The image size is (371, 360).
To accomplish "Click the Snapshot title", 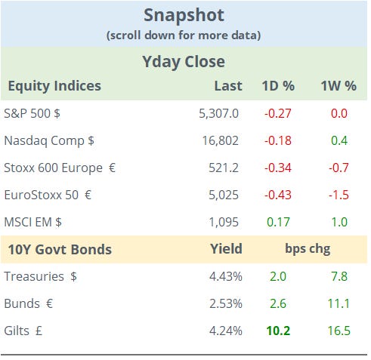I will click(x=185, y=15).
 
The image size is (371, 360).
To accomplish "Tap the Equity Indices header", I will click(x=54, y=85).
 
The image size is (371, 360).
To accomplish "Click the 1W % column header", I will click(x=338, y=85).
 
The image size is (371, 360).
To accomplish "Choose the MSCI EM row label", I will click(x=39, y=222).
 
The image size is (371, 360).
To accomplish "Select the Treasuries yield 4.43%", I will click(x=225, y=276).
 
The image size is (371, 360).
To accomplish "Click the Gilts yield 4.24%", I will click(x=225, y=331).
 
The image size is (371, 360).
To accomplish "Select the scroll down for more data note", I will click(x=185, y=34).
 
